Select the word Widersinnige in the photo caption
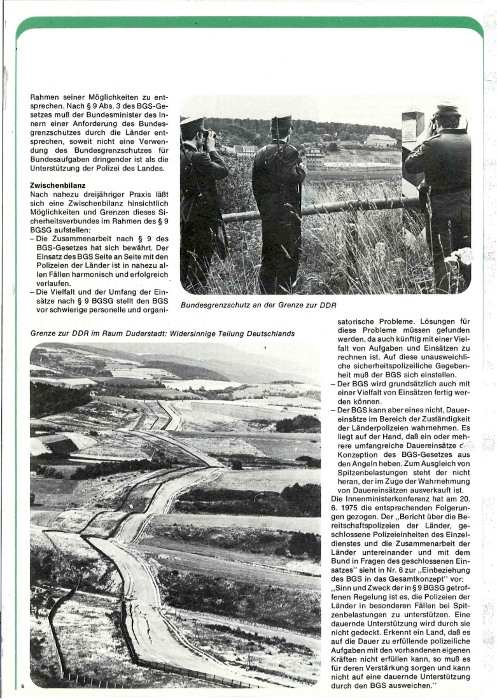coord(200,333)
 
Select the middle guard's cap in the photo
coord(280,120)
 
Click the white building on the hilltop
coord(381,140)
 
